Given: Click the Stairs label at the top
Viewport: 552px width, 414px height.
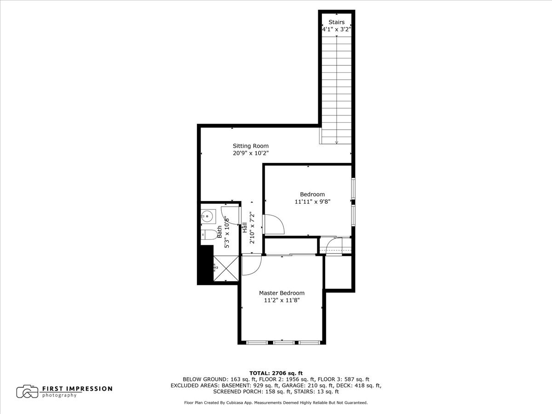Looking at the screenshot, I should (336, 22).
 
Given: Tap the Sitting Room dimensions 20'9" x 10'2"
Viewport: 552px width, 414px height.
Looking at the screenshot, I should (250, 154).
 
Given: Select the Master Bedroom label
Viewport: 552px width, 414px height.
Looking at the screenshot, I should (282, 293).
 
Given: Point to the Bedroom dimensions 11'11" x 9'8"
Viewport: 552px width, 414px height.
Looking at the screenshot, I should (312, 201).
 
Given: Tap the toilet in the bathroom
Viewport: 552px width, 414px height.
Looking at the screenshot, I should (209, 235).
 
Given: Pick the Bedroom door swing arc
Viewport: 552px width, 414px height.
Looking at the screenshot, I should (276, 224).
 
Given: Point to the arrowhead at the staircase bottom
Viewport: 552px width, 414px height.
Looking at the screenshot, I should (337, 142).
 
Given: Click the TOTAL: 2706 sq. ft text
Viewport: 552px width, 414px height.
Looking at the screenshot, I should (276, 373).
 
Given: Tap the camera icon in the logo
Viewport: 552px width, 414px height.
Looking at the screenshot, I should (27, 391).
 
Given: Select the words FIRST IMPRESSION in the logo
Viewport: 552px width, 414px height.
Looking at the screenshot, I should (77, 388).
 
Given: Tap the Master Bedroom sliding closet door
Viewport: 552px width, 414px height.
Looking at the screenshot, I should (291, 254).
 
